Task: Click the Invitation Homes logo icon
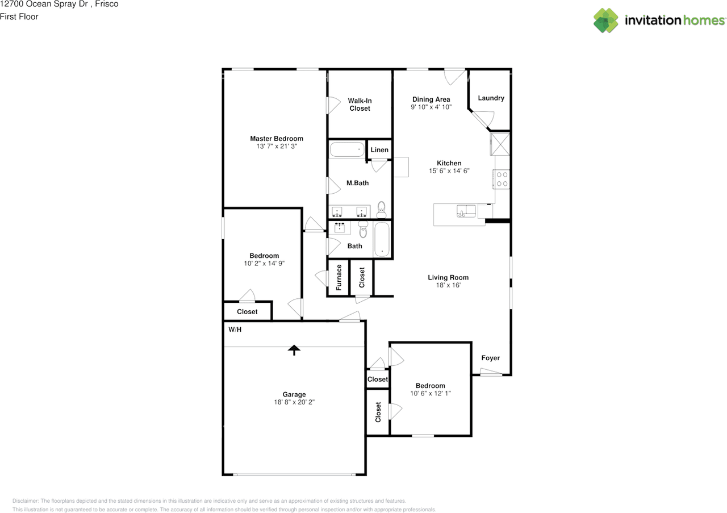point(605,20)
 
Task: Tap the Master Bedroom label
point(277,139)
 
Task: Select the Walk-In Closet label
point(360,105)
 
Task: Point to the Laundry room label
point(491,98)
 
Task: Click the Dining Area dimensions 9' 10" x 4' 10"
point(431,107)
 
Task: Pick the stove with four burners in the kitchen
point(502,179)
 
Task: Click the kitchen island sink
point(466,211)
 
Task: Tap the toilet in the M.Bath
point(381,210)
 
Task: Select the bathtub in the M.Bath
point(347,149)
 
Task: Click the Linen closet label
point(379,149)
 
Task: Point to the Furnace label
point(339,277)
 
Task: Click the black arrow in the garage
point(294,350)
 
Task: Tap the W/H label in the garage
point(235,330)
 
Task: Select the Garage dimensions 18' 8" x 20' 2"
point(294,402)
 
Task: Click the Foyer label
point(490,358)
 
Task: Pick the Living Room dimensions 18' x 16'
point(448,285)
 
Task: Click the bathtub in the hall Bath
point(382,239)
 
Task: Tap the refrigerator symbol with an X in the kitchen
point(500,144)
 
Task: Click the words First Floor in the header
point(19,16)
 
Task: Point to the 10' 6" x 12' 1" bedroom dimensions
point(431,394)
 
